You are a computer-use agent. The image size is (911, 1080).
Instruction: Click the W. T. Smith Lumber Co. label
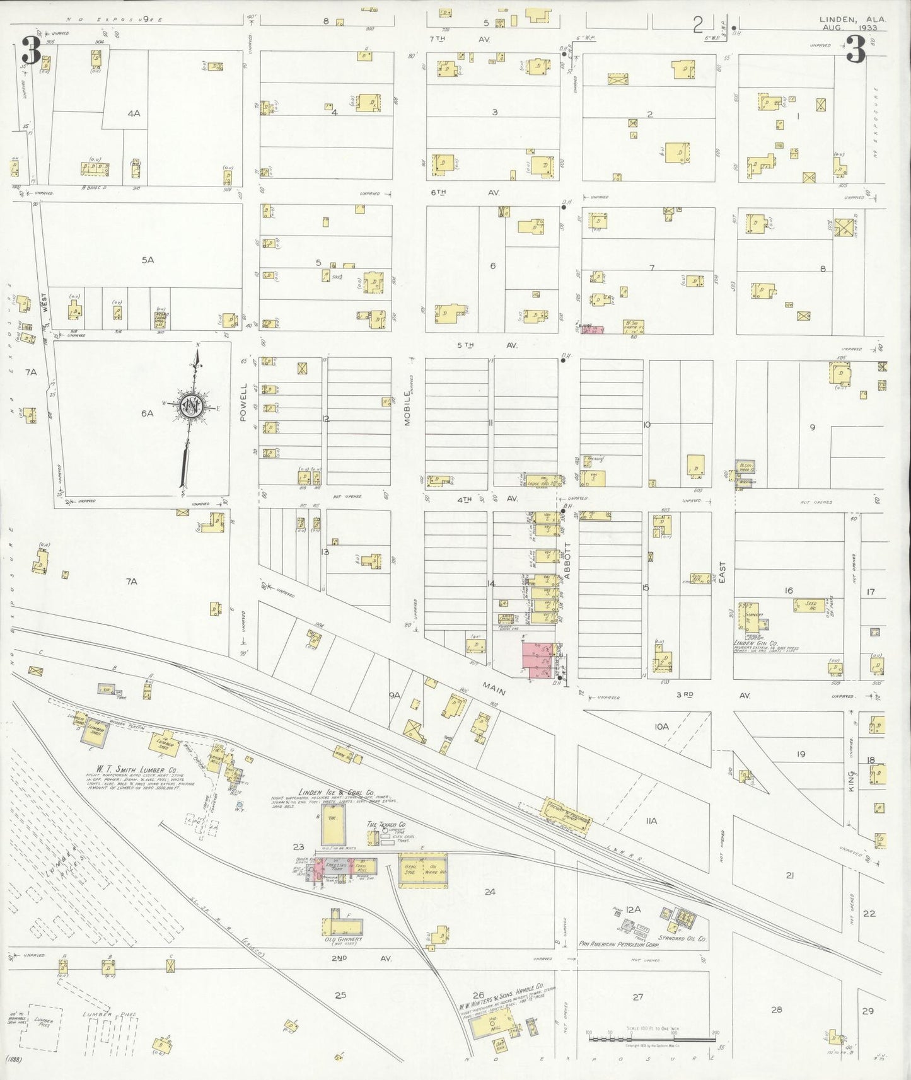tap(131, 769)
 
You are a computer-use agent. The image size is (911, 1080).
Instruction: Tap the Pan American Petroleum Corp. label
tap(619, 945)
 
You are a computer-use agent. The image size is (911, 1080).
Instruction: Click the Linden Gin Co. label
tap(755, 643)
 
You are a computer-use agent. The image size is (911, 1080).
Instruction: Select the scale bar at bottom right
tap(652, 1037)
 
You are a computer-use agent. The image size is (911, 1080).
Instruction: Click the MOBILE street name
tap(408, 409)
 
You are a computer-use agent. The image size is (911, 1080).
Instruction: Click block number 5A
tap(148, 260)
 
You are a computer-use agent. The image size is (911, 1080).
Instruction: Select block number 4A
tap(133, 114)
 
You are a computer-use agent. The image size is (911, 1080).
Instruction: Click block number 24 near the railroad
tap(490, 892)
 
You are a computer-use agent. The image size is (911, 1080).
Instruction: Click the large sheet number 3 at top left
tap(30, 50)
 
